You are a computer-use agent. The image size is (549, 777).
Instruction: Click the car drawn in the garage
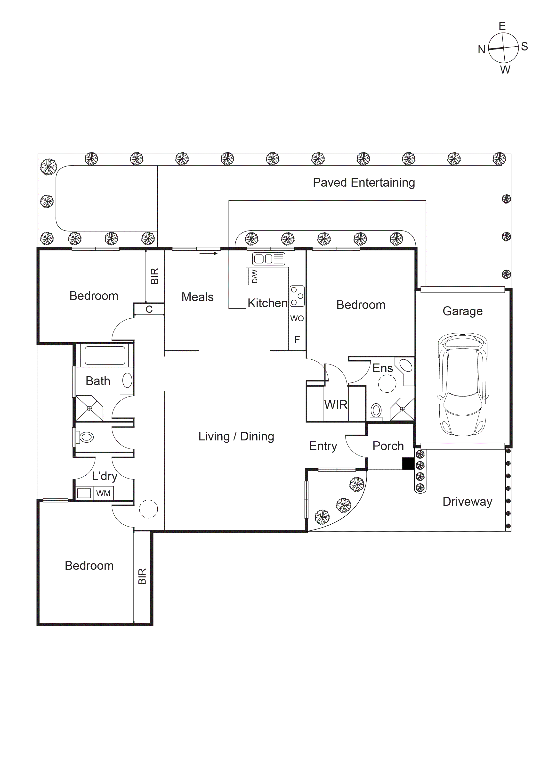[x=463, y=385]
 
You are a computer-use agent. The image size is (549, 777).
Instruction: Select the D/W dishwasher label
[x=255, y=276]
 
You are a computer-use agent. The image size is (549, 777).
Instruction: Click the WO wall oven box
[x=297, y=318]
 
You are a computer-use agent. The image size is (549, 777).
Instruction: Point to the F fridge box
[x=297, y=339]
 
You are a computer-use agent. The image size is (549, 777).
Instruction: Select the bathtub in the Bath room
[x=105, y=355]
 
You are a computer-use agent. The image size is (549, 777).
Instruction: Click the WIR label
[x=336, y=405]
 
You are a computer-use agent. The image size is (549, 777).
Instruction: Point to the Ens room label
[x=383, y=368]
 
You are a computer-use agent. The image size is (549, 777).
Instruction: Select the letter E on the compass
[x=502, y=26]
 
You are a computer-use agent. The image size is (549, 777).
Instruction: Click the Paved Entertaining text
[x=364, y=183]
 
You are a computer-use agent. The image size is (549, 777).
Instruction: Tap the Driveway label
[x=467, y=502]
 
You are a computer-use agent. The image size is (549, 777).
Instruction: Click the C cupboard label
[x=149, y=309]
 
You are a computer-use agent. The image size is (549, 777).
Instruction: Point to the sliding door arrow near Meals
[x=208, y=253]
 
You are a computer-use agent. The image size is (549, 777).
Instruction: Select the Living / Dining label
[x=236, y=437]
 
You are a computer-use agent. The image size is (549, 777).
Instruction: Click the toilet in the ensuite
[x=376, y=411]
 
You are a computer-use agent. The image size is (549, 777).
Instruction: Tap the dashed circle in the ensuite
[x=387, y=384]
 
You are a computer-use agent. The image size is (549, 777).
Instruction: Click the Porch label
[x=388, y=446]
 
